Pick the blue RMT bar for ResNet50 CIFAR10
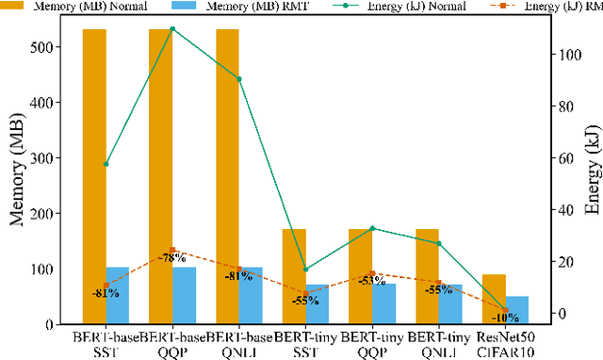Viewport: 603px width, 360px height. coord(517,310)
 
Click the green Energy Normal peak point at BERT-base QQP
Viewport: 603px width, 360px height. coord(172,28)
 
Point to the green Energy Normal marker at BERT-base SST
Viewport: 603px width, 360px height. coord(106,164)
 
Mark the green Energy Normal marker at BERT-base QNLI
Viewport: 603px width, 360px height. coord(239,79)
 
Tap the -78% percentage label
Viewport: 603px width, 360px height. coord(171,257)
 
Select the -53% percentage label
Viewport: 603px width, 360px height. coord(373,280)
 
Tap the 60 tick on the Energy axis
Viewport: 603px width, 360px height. coord(566,158)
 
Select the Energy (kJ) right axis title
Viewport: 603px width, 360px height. coord(592,179)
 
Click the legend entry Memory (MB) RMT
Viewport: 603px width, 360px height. coord(226,6)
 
